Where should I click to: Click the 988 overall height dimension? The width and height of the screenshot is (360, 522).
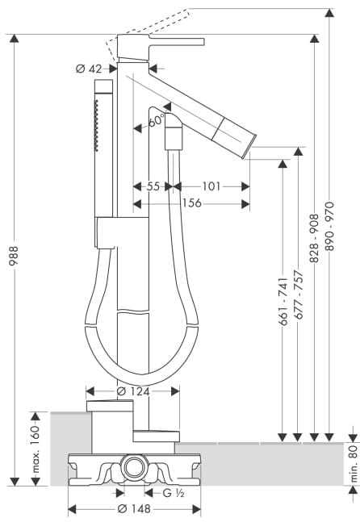coord(14,255)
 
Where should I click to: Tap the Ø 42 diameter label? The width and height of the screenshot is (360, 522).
coord(89,69)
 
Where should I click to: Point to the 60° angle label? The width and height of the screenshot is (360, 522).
coord(157,120)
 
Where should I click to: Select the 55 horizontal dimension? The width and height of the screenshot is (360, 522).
coord(153,186)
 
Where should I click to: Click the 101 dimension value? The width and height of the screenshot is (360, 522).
coord(211,186)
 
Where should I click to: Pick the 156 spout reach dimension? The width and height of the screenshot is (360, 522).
coord(192,203)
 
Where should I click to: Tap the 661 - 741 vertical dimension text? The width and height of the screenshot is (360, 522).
coord(283,302)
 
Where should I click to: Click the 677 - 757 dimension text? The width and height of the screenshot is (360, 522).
coord(299,295)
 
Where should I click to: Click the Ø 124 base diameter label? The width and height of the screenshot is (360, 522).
coord(133,391)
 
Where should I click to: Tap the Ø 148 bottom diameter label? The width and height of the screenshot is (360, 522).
coord(134,508)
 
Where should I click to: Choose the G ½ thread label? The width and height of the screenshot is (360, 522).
coord(174,493)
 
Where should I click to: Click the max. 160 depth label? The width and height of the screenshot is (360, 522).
coord(36,449)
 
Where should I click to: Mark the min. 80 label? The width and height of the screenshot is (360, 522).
coord(354,464)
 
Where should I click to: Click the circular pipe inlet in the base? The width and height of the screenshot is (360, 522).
coord(135,467)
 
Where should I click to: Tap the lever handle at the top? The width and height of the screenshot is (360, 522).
coord(177,42)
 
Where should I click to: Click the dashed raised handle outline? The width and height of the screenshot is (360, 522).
coord(149,31)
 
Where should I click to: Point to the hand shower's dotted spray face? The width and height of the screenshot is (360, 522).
coord(97,126)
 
